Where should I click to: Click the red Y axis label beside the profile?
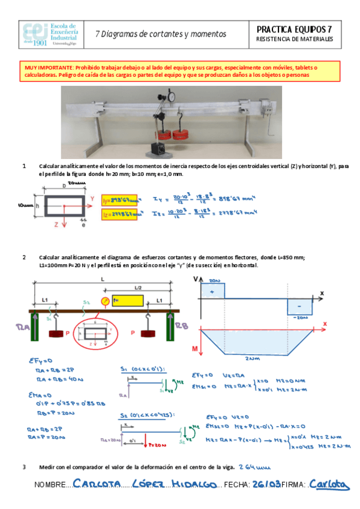(x=92, y=197)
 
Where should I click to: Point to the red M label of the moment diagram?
(x=196, y=348)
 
